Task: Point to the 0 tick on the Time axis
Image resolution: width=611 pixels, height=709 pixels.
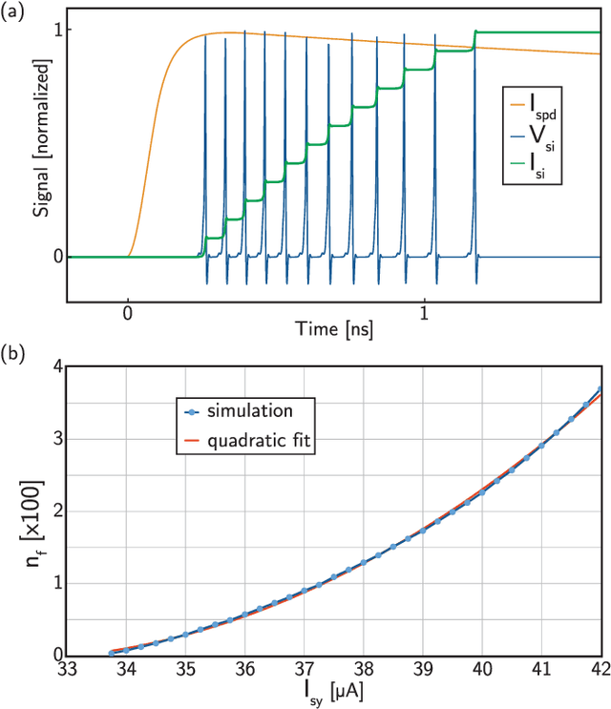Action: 127,314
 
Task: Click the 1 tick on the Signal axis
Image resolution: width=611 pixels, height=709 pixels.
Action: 57,31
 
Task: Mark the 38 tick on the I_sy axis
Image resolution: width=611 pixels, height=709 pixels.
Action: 365,669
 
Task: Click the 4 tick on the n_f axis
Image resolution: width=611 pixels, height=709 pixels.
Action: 54,366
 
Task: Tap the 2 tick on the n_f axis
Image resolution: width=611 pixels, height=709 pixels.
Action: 54,511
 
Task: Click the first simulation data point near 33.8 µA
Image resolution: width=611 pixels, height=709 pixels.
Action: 112,653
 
